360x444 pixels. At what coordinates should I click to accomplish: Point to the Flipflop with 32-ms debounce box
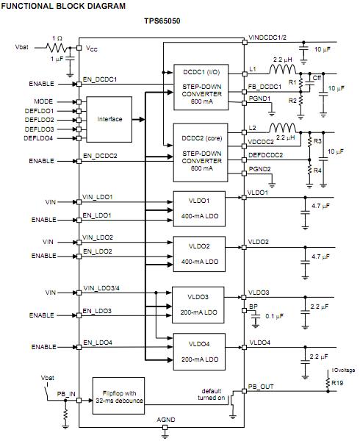pos(118,395)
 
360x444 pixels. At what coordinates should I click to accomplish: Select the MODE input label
pos(44,100)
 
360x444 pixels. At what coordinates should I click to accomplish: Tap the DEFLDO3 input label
pos(39,128)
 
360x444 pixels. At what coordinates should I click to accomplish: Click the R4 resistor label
pos(317,171)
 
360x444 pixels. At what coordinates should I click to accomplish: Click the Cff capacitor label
pos(317,77)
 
